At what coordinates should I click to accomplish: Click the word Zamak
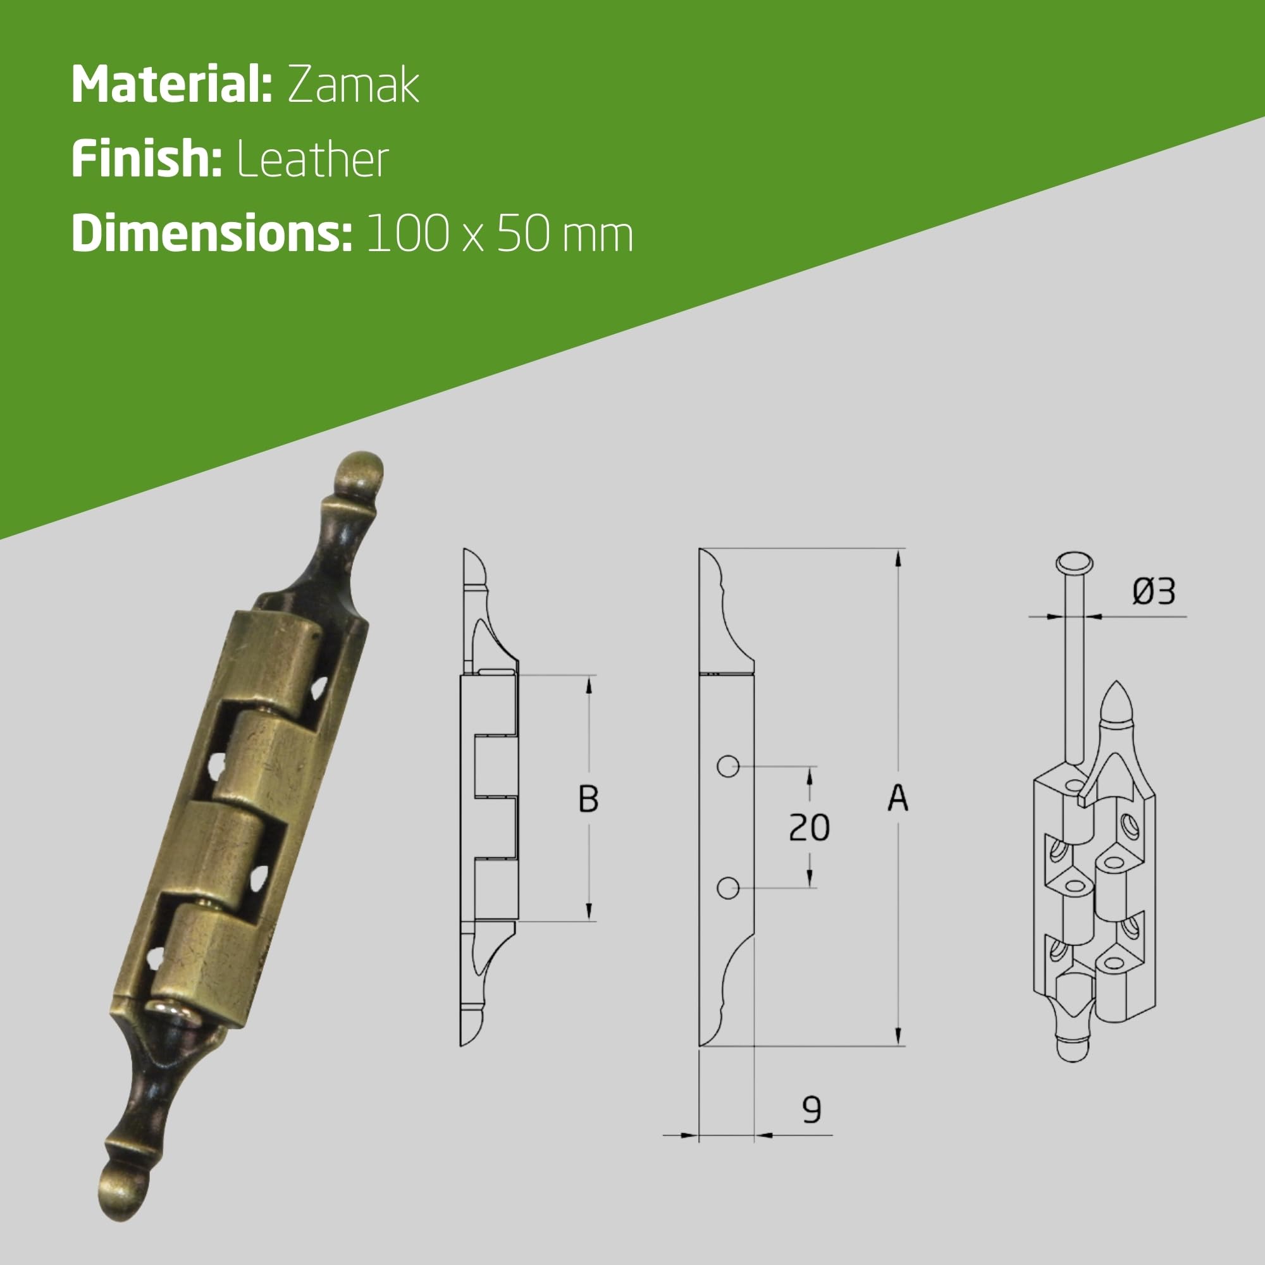point(353,85)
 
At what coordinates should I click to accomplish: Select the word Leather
point(312,159)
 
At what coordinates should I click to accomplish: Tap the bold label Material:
point(171,85)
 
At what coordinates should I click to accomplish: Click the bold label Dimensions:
point(212,233)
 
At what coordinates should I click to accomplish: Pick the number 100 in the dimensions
point(407,234)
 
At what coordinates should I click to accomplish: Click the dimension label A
point(898,798)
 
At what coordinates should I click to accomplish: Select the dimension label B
point(589,799)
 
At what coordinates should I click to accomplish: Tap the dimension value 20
point(810,827)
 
